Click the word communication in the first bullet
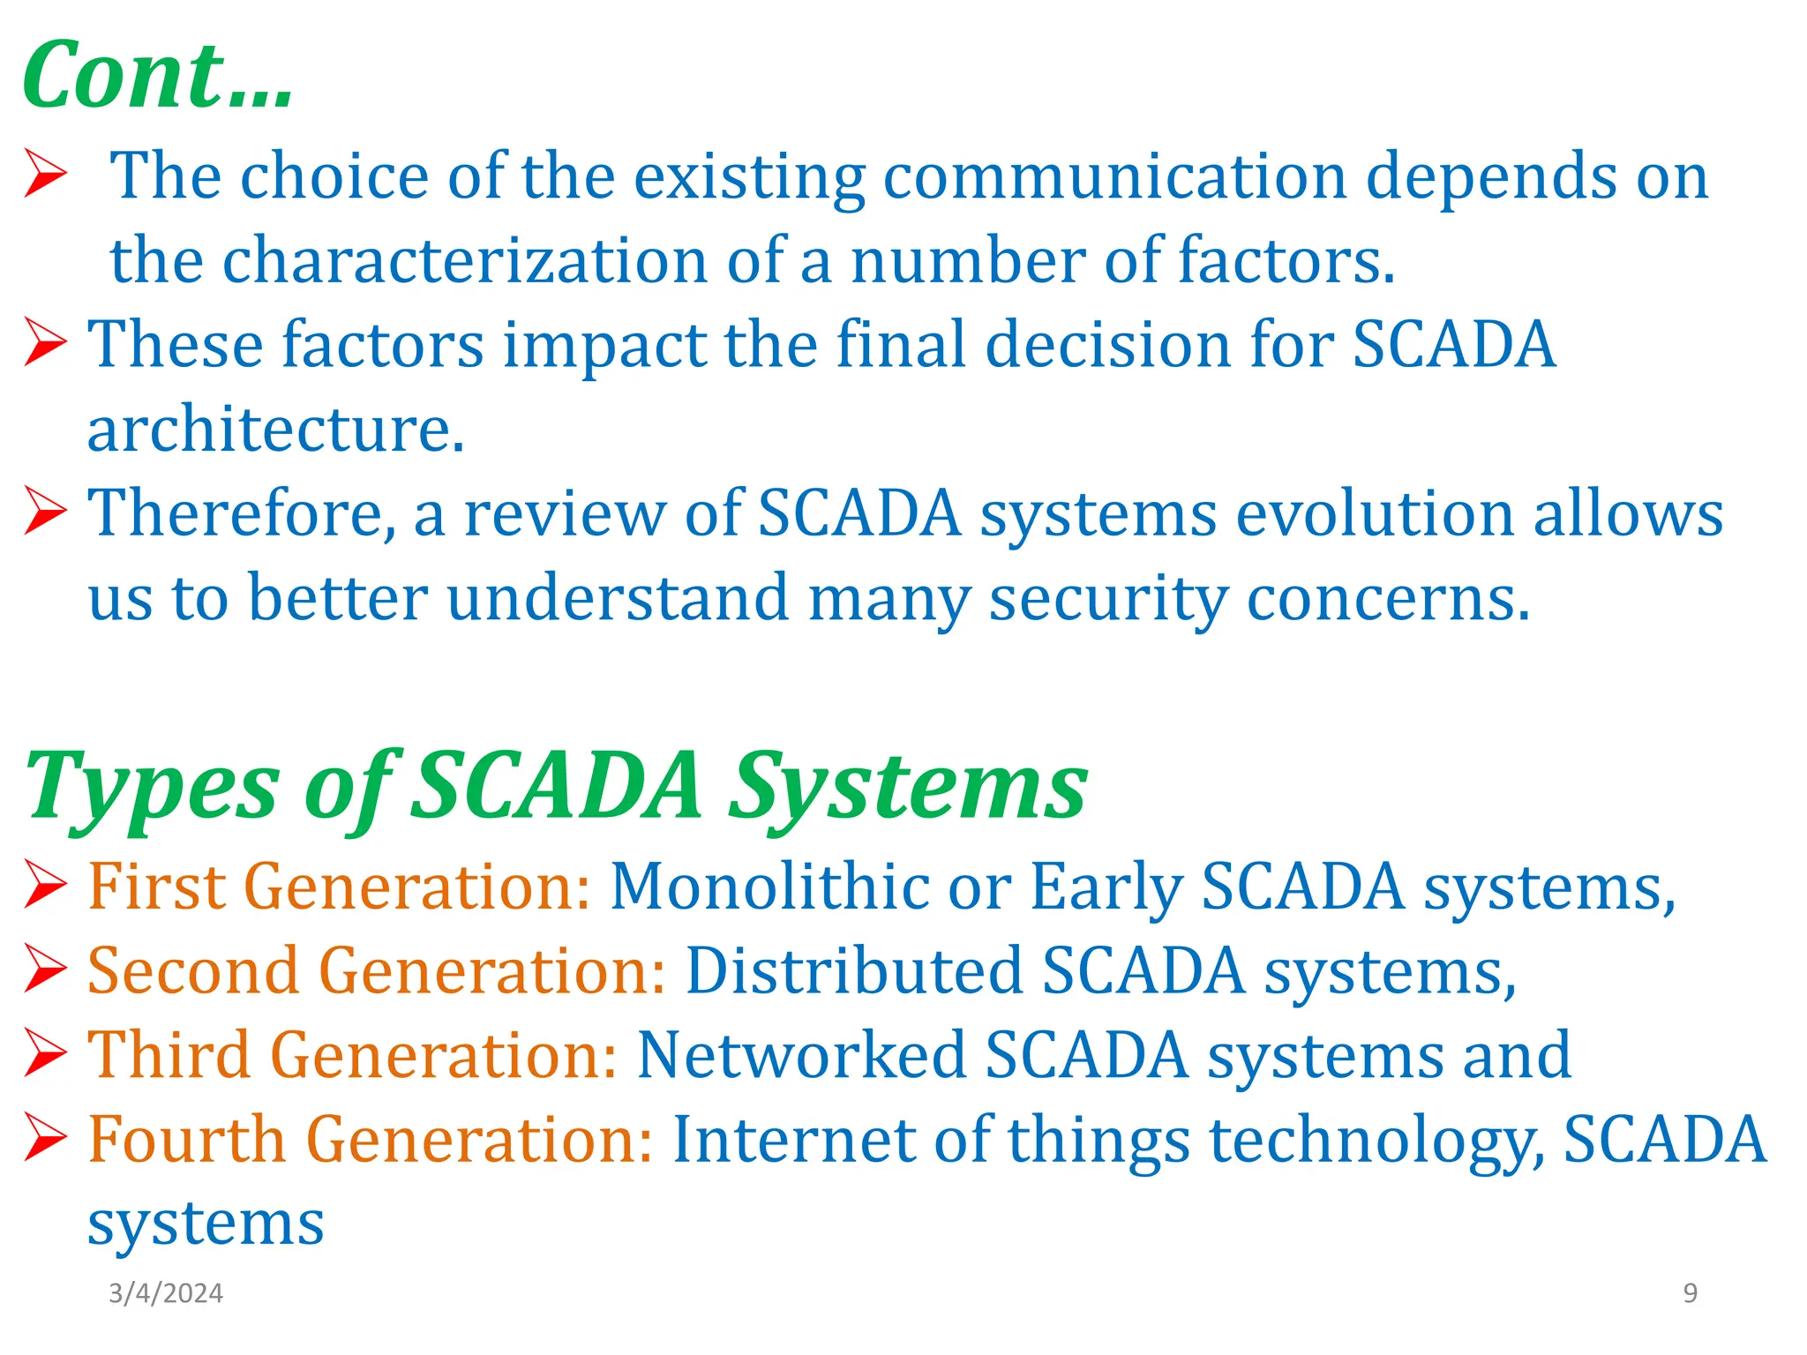coord(1115,176)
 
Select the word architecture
coord(275,430)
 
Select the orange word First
coord(155,886)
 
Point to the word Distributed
coord(853,971)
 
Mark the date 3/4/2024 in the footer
coord(166,1293)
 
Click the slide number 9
coord(1690,1293)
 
